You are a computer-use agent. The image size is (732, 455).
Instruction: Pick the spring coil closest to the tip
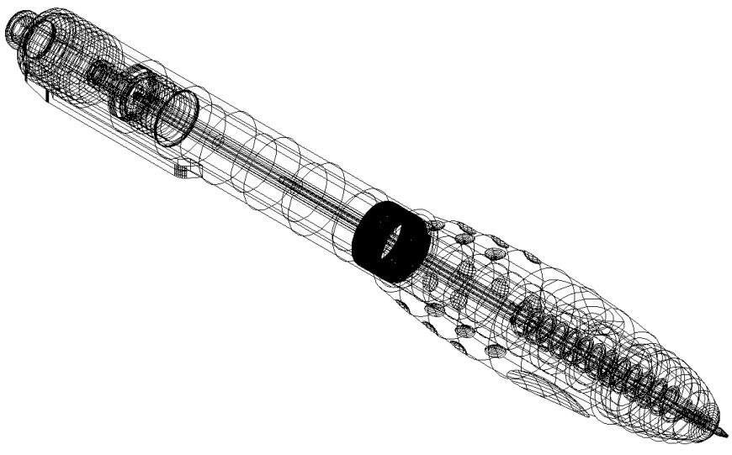click(673, 396)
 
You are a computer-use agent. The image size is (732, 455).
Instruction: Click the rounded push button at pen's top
click(19, 29)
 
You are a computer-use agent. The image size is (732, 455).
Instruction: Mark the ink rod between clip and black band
click(286, 181)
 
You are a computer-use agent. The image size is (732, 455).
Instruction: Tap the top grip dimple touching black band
click(437, 225)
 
